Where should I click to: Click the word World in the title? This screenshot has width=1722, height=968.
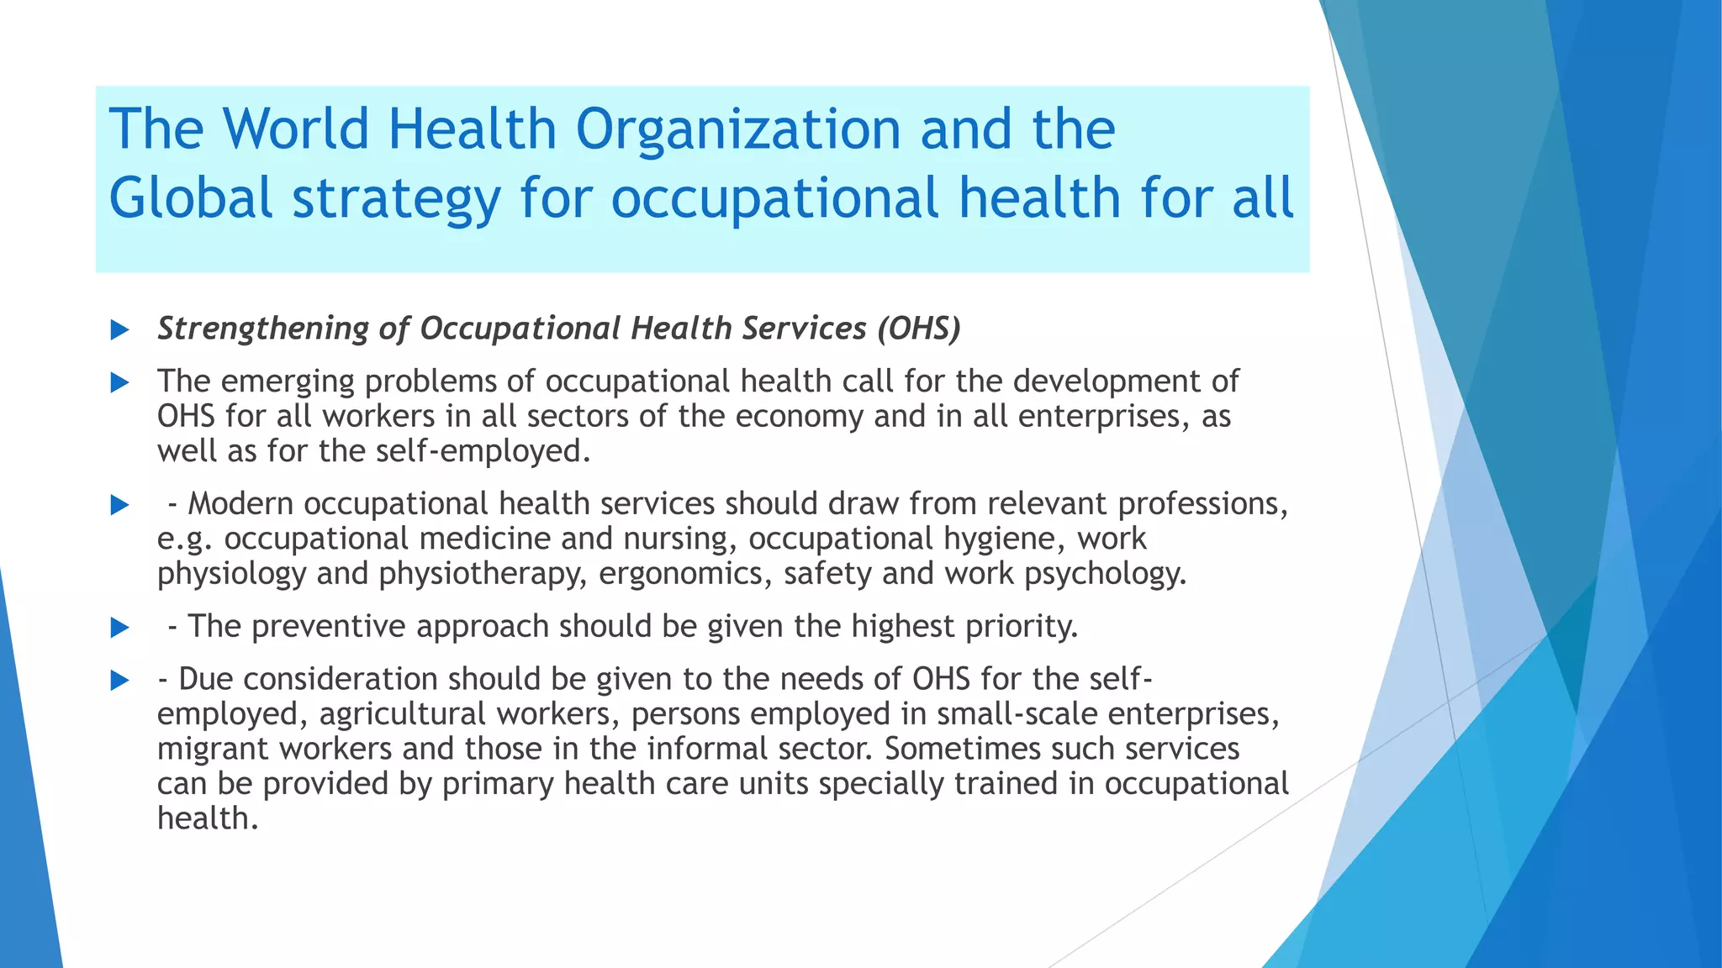pos(296,129)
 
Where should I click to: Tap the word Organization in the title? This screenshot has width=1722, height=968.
pos(738,129)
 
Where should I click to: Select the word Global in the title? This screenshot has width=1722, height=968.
pos(192,198)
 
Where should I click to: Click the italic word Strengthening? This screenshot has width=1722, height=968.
pos(262,329)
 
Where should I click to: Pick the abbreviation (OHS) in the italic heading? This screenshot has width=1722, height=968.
pos(918,329)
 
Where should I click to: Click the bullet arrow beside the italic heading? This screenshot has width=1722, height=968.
pos(120,330)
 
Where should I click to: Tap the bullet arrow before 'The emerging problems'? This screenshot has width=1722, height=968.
pos(120,383)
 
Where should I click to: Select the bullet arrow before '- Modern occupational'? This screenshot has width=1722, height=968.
pos(120,505)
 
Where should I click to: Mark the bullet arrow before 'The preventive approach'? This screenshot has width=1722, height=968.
pos(120,628)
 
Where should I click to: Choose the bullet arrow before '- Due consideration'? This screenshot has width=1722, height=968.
pos(120,680)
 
